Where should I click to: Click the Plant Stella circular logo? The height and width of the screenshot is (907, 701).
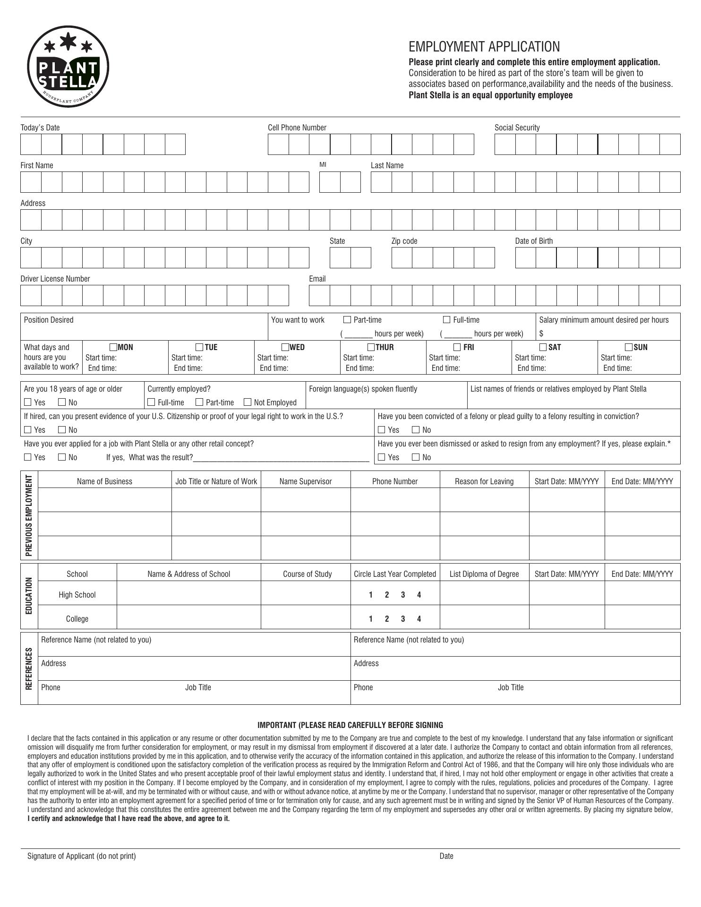(x=68, y=67)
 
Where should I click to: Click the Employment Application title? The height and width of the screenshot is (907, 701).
(x=484, y=47)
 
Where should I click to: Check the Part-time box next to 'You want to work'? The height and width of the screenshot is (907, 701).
(x=347, y=320)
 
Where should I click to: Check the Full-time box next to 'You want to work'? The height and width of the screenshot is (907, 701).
(x=446, y=320)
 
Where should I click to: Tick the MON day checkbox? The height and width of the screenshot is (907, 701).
(x=113, y=347)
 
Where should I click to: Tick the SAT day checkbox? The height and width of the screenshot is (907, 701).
(x=543, y=347)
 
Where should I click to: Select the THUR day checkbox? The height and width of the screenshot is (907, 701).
(x=371, y=347)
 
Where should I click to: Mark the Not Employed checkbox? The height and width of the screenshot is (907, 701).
(x=248, y=402)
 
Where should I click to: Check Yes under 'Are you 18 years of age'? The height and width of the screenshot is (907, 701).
(x=28, y=402)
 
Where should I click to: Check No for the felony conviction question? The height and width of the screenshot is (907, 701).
(x=416, y=429)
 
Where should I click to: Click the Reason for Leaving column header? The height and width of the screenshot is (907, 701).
(x=484, y=481)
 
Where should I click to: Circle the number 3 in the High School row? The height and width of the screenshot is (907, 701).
(x=403, y=595)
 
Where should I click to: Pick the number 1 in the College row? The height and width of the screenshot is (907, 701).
(x=371, y=619)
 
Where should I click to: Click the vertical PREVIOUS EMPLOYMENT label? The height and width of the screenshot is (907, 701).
(x=29, y=515)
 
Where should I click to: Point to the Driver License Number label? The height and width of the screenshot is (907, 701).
(x=55, y=279)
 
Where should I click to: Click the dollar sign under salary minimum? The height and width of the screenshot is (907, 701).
(x=541, y=334)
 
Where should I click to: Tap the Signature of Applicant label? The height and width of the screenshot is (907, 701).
(x=81, y=856)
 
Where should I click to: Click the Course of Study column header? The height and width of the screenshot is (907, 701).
(x=307, y=574)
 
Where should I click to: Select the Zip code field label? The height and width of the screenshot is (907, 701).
(x=404, y=241)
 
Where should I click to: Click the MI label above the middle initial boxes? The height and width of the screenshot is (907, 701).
(x=323, y=165)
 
